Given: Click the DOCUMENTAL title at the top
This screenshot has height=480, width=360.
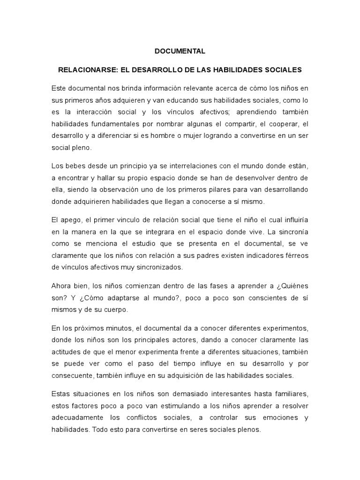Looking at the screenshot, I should (x=180, y=50).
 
